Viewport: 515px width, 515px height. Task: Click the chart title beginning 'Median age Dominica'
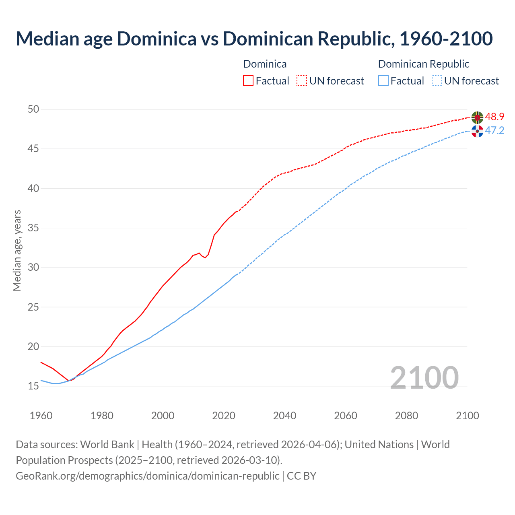[254, 39]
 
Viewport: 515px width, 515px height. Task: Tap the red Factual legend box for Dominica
[248, 81]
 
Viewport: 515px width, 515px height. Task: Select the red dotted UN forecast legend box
[302, 81]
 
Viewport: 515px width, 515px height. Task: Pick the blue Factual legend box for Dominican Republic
[383, 81]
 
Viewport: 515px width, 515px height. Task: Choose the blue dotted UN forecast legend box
[437, 81]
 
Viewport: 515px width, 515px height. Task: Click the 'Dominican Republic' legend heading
[423, 64]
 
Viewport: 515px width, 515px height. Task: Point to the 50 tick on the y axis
[33, 109]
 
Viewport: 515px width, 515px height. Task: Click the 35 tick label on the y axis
[33, 228]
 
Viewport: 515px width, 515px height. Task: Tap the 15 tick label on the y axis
[33, 386]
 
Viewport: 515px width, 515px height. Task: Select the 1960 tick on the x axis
[41, 416]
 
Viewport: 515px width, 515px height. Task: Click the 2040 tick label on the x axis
[284, 416]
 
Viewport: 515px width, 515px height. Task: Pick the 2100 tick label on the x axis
[467, 416]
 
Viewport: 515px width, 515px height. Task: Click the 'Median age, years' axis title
[17, 250]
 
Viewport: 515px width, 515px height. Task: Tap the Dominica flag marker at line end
[477, 117]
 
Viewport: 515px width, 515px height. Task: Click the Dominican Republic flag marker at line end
[477, 131]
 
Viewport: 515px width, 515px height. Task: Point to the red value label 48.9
[494, 117]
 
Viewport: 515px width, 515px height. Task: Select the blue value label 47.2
[494, 131]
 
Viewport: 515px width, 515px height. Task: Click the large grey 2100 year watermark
[424, 377]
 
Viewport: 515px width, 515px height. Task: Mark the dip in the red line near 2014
[205, 257]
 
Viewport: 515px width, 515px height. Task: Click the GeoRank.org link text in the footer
[147, 476]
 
